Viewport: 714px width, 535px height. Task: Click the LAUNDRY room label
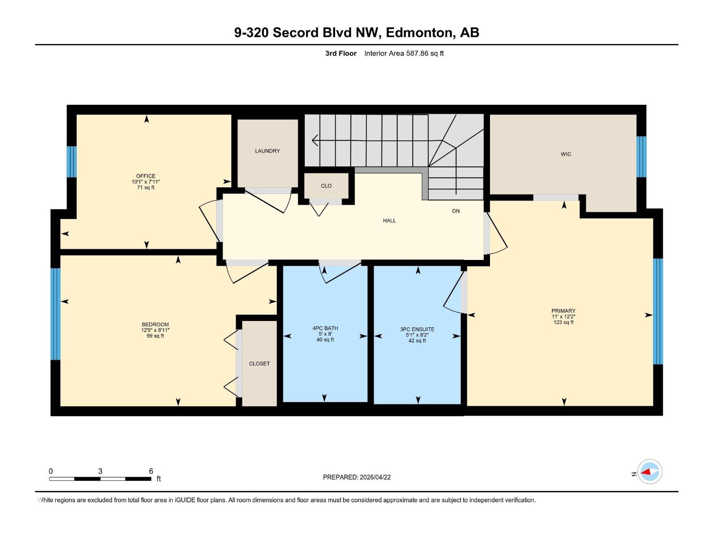coord(267,151)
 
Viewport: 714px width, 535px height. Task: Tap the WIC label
coord(566,154)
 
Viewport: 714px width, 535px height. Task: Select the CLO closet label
coord(326,186)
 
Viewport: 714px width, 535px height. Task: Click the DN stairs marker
coord(456,211)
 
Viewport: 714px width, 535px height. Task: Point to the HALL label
coord(389,221)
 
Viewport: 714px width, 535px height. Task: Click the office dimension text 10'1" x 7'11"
coord(145,182)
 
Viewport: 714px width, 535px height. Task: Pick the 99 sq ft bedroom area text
coord(155,336)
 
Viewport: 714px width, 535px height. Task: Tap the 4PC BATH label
coord(325,328)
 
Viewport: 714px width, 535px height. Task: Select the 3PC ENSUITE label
coord(417,329)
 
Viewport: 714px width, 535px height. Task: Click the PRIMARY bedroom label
coord(563,311)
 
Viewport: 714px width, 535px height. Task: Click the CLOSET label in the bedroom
coord(259,364)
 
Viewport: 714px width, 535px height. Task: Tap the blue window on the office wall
coord(71,161)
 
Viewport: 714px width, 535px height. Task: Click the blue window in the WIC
coord(641,156)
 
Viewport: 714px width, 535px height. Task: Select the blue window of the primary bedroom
coord(658,311)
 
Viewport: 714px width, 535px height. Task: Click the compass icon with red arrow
coord(649,472)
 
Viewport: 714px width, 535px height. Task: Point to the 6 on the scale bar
coord(151,471)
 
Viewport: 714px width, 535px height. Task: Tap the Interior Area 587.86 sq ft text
coord(404,53)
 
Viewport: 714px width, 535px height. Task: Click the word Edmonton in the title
coord(419,33)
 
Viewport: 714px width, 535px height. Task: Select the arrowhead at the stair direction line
coord(315,140)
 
